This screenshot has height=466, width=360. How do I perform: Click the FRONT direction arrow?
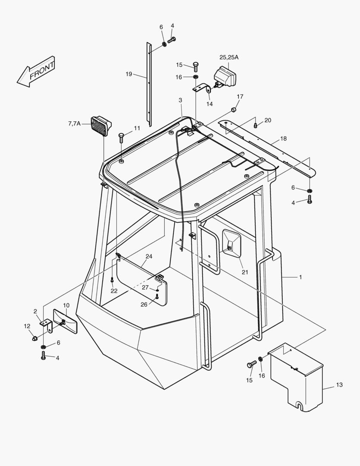[x=36, y=72]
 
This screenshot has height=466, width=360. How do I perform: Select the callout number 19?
[x=129, y=74]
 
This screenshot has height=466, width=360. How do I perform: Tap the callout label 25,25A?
[x=229, y=57]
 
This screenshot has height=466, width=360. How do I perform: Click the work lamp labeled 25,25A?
[x=226, y=77]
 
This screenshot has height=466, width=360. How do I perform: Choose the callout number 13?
[x=339, y=384]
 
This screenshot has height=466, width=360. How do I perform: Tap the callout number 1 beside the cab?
[x=300, y=277]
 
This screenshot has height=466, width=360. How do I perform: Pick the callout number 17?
[x=240, y=96]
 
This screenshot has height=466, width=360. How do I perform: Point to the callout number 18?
[x=283, y=139]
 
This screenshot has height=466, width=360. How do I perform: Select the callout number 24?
[x=148, y=256]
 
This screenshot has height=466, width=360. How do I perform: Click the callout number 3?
[x=180, y=100]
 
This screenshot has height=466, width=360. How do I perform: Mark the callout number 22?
[x=114, y=291]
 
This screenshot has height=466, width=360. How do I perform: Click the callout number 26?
[x=144, y=304]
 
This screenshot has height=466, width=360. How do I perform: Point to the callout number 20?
[x=268, y=120]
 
